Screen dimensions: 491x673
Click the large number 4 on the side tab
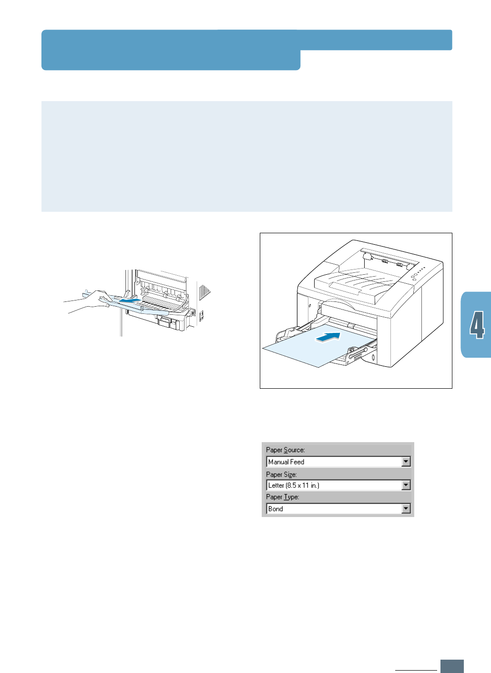pos(477,325)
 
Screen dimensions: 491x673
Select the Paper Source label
pos(285,450)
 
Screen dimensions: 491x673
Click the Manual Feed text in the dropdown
pos(286,462)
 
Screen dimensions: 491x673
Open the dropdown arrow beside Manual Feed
pos(406,462)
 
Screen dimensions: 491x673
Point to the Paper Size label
pos(281,475)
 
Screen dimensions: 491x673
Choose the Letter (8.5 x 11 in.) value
pos(294,485)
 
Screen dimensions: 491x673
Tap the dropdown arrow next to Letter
pos(406,485)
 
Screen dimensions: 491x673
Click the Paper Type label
pos(282,497)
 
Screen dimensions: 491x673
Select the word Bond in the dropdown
pos(276,509)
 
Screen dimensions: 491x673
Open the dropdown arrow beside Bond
pos(406,509)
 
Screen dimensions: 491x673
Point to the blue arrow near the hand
pos(130,301)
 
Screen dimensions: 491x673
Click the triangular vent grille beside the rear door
pos(205,291)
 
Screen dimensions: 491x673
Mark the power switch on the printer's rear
pos(202,315)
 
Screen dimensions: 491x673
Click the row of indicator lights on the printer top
pos(418,274)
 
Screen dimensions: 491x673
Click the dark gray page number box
pos(452,666)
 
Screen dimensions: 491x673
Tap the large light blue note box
pos(246,156)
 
